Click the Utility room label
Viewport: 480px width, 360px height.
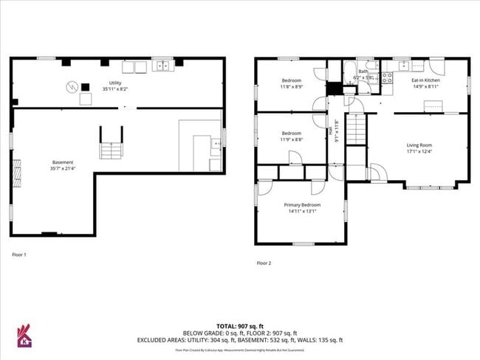pyautogui.click(x=114, y=83)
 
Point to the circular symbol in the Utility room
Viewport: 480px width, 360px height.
pyautogui.click(x=72, y=85)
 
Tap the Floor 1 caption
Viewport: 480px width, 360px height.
pyautogui.click(x=19, y=255)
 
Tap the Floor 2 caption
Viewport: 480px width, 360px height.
pyautogui.click(x=264, y=263)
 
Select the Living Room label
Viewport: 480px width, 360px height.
pyautogui.click(x=419, y=145)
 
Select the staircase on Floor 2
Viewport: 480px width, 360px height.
pyautogui.click(x=357, y=132)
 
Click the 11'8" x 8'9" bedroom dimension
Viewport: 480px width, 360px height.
pyautogui.click(x=292, y=87)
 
